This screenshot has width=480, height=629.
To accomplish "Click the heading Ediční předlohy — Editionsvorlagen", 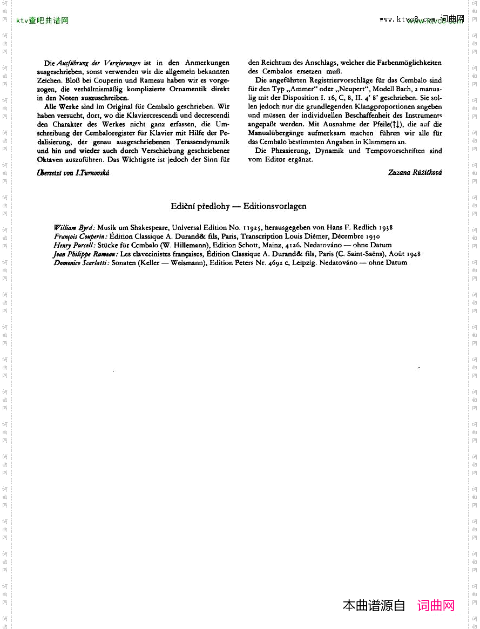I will click(x=239, y=206).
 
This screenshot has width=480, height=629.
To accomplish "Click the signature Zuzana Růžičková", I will click(x=415, y=172).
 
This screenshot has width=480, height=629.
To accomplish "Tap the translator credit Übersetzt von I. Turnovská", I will click(x=73, y=173).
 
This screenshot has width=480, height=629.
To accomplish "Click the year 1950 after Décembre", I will click(x=373, y=236).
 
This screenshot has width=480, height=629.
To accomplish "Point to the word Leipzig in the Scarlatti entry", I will click(x=305, y=262).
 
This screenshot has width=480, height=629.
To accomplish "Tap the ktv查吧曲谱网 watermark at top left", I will click(x=43, y=21).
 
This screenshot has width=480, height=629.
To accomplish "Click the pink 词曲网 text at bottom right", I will click(x=436, y=605).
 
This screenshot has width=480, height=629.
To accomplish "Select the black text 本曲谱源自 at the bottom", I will click(x=374, y=605).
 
